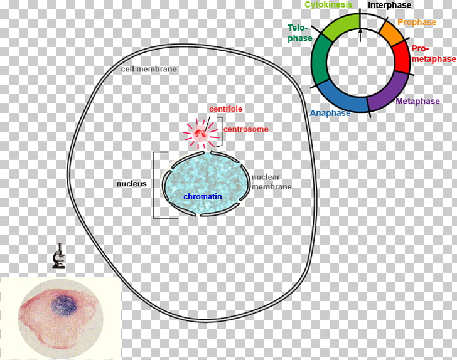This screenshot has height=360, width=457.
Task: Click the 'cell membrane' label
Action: [x=149, y=69]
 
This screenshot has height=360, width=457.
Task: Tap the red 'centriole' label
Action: [x=225, y=109]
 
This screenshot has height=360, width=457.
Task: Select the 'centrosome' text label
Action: [x=246, y=130]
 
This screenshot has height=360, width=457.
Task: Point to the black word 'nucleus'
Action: [x=131, y=184]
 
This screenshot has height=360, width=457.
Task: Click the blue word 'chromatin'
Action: [x=203, y=197]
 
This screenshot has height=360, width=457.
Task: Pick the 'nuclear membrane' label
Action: [x=271, y=182]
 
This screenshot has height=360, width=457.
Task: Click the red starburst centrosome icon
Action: [x=201, y=132]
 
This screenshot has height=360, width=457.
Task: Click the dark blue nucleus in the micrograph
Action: [x=63, y=305]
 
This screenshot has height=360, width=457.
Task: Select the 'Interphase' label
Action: [x=389, y=6]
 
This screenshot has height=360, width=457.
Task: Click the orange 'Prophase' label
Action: [x=416, y=23]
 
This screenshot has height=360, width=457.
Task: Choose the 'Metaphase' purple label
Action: [x=418, y=101]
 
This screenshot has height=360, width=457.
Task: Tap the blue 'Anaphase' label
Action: [x=330, y=114]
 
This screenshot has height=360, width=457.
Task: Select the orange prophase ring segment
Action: [x=392, y=33]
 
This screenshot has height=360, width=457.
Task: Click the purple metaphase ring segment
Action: [x=387, y=93]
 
